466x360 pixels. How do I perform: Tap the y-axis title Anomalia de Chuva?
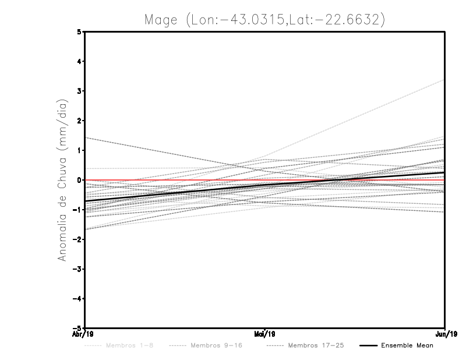tap(61, 180)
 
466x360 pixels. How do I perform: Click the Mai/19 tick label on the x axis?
tap(265, 334)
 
